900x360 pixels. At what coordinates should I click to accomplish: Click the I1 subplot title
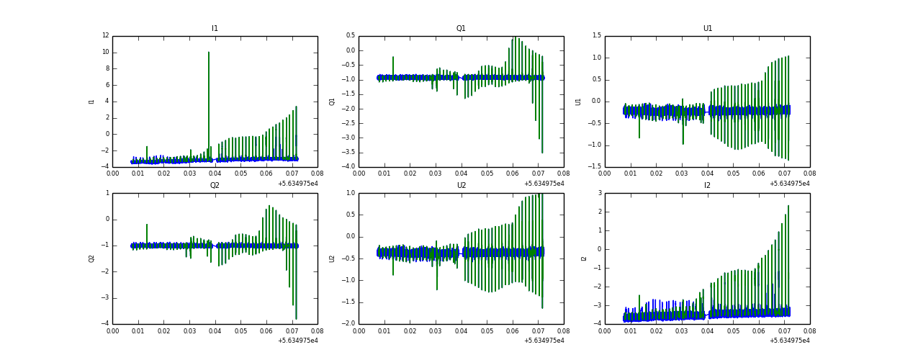click(x=215, y=29)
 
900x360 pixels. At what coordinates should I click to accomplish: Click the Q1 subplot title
click(x=461, y=29)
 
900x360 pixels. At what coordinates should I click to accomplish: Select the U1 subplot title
click(x=707, y=29)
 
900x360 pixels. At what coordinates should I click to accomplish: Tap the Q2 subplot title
click(x=215, y=186)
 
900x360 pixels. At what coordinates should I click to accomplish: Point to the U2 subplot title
click(x=461, y=186)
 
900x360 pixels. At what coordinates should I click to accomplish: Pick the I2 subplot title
click(x=707, y=186)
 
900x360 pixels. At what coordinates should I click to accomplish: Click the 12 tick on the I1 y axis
click(x=105, y=36)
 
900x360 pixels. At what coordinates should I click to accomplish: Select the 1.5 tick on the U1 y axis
click(x=597, y=36)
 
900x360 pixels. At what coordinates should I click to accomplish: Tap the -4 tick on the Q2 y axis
click(x=107, y=324)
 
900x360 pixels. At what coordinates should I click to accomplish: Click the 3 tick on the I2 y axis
click(x=599, y=193)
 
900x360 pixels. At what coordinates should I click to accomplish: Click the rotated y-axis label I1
click(x=91, y=102)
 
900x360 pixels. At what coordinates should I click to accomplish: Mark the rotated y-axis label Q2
click(x=91, y=258)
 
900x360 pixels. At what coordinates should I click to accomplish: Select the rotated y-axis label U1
click(x=578, y=102)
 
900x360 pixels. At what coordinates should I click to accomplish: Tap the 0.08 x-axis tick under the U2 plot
click(x=563, y=331)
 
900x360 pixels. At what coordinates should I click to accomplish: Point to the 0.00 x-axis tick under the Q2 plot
click(x=113, y=331)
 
